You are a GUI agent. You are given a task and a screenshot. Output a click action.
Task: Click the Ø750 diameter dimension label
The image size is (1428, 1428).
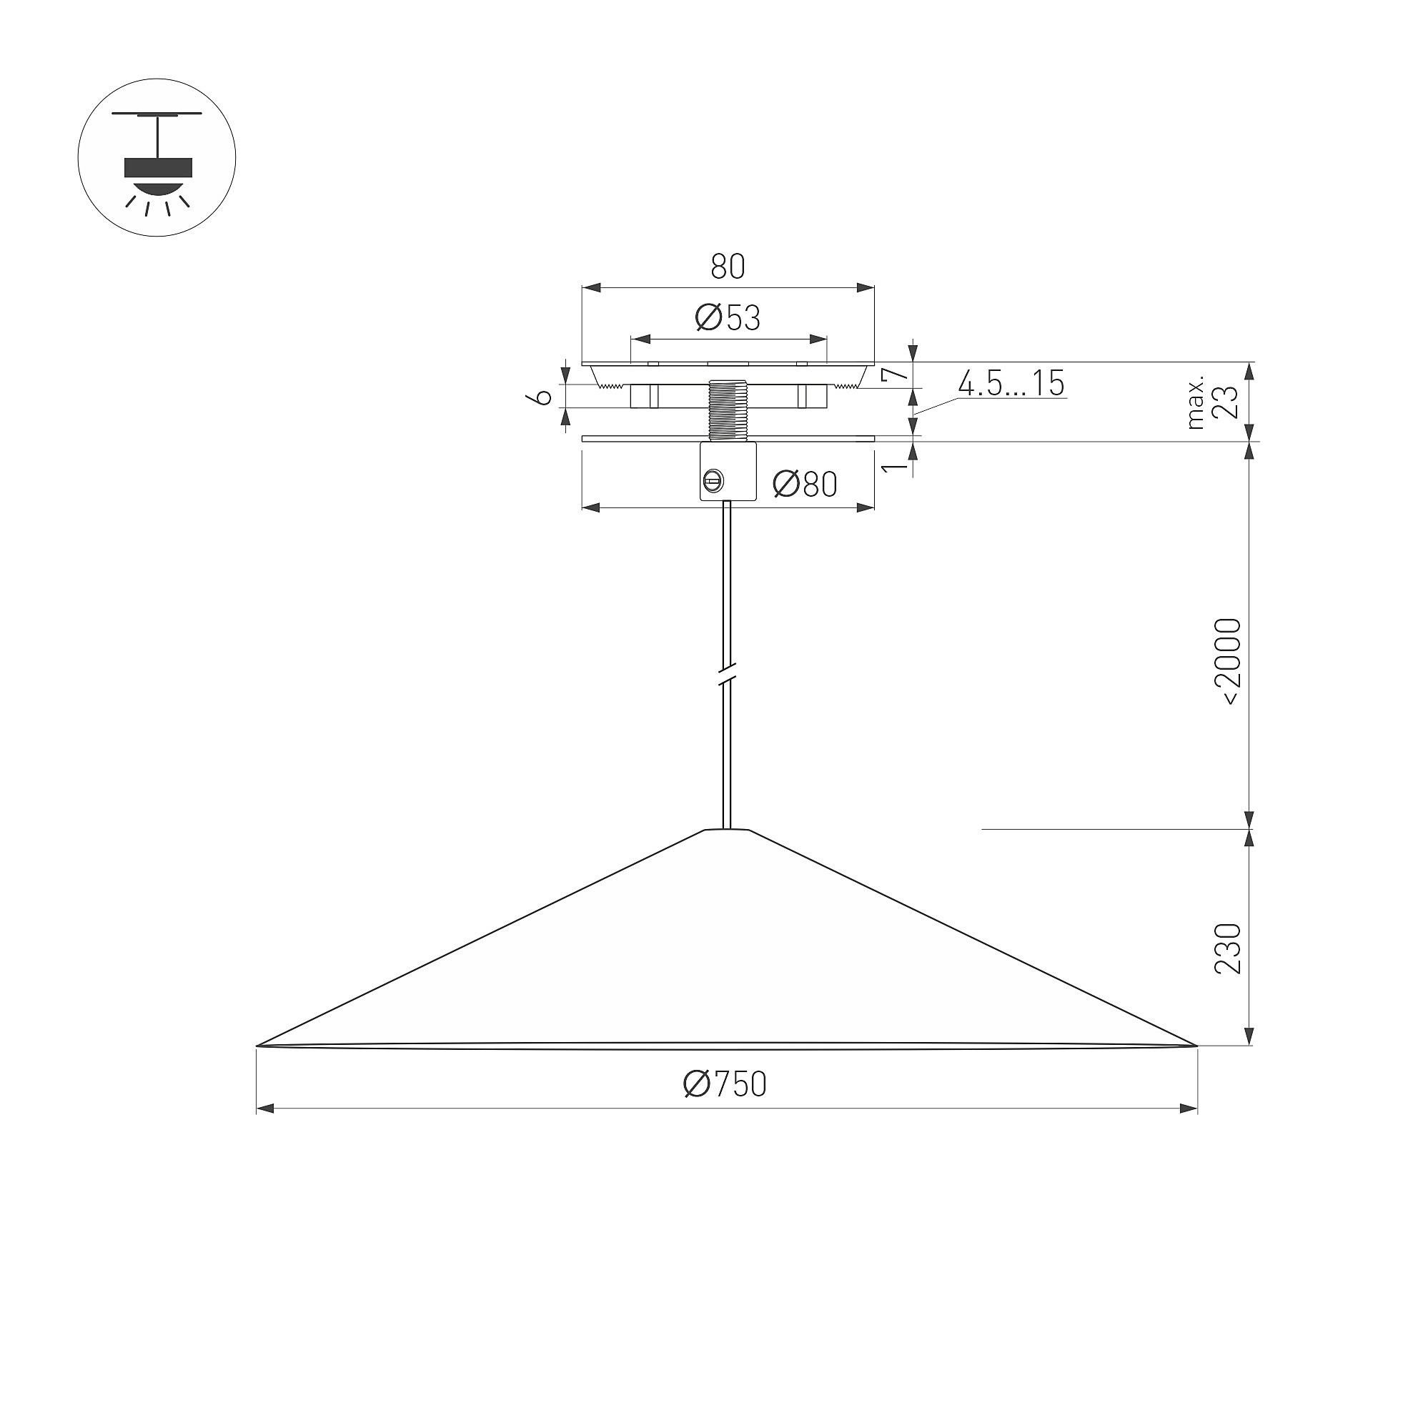click(725, 1084)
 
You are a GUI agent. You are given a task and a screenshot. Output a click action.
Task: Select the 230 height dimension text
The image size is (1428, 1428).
click(1229, 949)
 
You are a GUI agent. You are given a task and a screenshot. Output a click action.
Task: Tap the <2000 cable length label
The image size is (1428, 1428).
click(1229, 663)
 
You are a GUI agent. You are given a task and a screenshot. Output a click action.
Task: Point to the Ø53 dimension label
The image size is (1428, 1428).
click(728, 318)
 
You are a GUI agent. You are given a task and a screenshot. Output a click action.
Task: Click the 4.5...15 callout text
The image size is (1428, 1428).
click(1011, 383)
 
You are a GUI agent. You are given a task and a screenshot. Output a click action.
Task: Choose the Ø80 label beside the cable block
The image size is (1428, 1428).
click(805, 485)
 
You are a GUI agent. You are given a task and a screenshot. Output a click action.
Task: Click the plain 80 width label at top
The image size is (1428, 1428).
click(728, 267)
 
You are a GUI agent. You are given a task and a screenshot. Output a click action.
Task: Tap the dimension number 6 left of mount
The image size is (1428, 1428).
click(542, 397)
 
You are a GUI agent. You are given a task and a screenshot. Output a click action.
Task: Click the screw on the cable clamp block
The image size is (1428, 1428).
click(713, 481)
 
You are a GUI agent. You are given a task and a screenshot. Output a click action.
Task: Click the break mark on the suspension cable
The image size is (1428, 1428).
click(728, 676)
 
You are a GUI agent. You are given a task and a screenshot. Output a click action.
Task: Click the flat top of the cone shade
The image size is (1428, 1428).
click(727, 829)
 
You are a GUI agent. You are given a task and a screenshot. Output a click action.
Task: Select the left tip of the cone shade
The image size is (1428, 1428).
click(257, 1045)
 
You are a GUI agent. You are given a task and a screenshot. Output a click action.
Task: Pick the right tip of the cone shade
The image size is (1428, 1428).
click(1196, 1045)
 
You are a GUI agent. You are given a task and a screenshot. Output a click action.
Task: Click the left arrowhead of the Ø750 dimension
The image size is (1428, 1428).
click(265, 1109)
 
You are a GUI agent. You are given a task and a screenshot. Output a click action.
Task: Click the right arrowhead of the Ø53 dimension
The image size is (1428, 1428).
click(818, 339)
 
